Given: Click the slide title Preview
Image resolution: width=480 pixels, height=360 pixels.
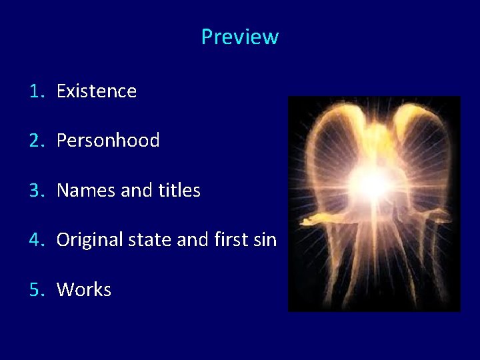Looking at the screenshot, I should pyautogui.click(x=239, y=37).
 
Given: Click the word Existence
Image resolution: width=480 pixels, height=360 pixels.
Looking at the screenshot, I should pyautogui.click(x=97, y=91).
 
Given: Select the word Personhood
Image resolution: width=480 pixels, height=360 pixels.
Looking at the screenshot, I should pyautogui.click(x=108, y=141).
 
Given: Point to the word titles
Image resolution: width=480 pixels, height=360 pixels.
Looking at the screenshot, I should pyautogui.click(x=179, y=191).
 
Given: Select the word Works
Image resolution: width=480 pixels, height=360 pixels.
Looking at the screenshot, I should pyautogui.click(x=84, y=290).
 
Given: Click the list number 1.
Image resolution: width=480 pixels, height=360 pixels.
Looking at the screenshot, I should pyautogui.click(x=35, y=91).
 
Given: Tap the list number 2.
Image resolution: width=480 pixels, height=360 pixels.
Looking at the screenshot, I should pyautogui.click(x=35, y=141).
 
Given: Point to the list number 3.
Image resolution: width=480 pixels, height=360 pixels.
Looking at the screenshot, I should pyautogui.click(x=35, y=191).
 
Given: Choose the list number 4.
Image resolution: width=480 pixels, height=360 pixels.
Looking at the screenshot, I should pyautogui.click(x=35, y=240).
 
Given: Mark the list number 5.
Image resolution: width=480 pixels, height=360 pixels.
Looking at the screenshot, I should pyautogui.click(x=35, y=290).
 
